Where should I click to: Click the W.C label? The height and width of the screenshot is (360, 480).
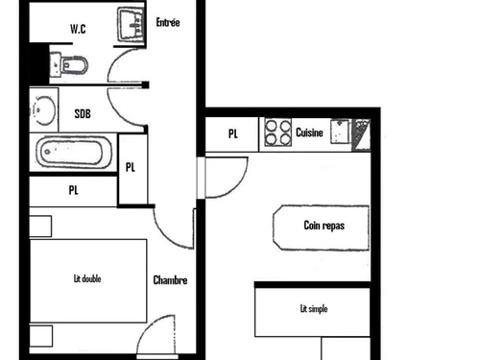(x=78, y=28)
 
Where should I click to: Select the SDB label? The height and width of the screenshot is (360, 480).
(x=84, y=113)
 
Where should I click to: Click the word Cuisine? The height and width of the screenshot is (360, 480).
(x=309, y=132)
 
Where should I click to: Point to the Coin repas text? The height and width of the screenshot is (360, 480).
(x=324, y=227)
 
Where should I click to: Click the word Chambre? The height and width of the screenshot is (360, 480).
(x=170, y=280)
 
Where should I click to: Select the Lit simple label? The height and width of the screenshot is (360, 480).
(x=314, y=308)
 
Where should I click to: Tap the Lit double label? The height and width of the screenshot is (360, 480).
(x=87, y=279)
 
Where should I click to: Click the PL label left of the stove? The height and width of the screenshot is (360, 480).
(x=233, y=133)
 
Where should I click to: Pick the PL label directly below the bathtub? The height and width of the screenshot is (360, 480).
(x=73, y=189)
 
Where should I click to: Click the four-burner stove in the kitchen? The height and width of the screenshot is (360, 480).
(x=277, y=132)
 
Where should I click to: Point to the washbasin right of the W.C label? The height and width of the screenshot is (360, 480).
(x=130, y=26)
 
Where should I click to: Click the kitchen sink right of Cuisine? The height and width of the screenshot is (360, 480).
(x=340, y=132)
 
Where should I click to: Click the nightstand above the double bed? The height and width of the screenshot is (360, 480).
(x=39, y=227)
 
